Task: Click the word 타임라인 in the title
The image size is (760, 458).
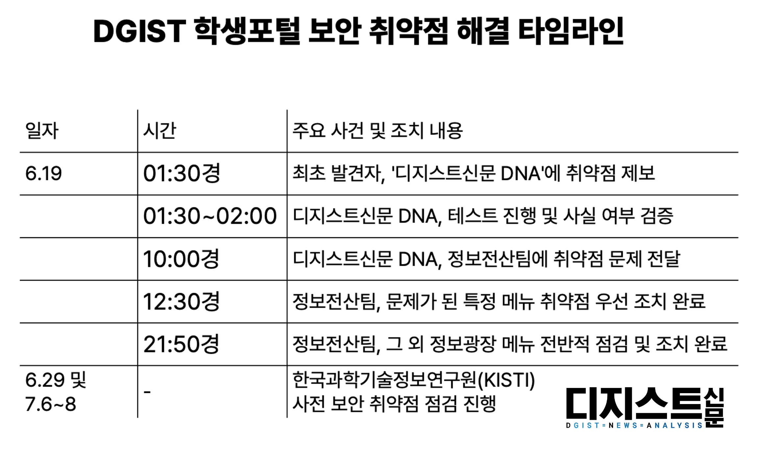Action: point(571,31)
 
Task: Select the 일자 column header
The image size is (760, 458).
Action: point(42,131)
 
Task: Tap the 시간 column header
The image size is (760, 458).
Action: point(160,131)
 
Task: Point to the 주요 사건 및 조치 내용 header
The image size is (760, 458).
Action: point(378,131)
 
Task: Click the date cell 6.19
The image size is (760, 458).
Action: point(43,173)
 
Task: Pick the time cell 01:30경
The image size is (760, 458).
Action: point(182,173)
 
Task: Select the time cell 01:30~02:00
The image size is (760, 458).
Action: point(210,216)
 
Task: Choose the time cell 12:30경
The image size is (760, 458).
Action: point(182,301)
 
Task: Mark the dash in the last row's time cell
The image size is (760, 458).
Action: point(147,392)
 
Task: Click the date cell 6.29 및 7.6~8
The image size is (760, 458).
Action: point(56,392)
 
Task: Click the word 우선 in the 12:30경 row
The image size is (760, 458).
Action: point(612,301)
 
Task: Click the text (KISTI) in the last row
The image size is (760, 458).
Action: point(506,380)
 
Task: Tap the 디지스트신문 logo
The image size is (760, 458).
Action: point(645,408)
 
